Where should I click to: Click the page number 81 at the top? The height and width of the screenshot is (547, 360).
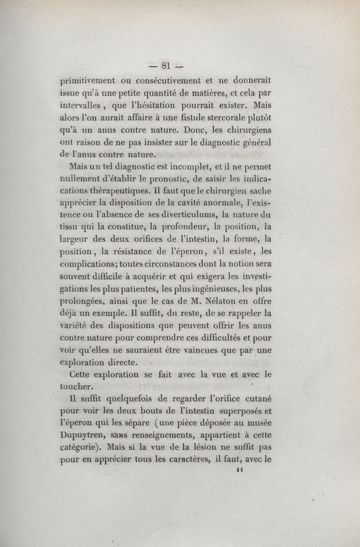[x=165, y=66]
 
